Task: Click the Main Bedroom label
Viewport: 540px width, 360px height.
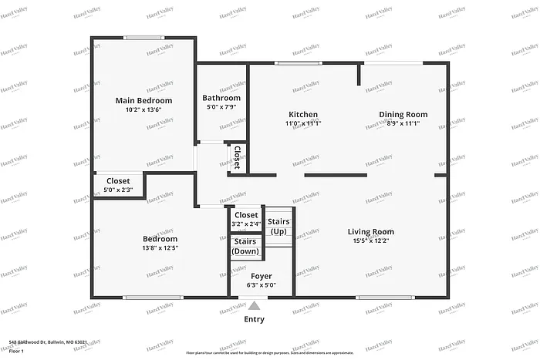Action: click(143, 100)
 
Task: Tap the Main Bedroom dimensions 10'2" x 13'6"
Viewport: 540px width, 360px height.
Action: click(143, 109)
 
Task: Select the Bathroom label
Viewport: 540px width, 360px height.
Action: click(221, 98)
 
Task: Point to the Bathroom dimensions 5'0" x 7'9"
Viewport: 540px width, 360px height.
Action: click(221, 107)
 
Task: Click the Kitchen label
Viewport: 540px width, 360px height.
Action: click(303, 114)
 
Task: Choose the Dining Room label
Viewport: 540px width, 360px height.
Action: click(403, 114)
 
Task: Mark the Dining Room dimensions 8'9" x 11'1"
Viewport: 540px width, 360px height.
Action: click(403, 123)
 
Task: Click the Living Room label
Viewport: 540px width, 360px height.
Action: click(370, 231)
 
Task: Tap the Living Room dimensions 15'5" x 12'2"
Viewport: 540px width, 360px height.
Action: click(370, 241)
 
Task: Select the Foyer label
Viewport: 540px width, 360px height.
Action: click(262, 276)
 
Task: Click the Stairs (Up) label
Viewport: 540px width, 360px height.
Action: click(278, 227)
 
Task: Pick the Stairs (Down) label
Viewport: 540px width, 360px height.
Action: click(246, 247)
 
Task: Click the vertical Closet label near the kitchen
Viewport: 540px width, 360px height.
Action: click(237, 158)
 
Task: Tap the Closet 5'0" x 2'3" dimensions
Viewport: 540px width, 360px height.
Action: click(118, 190)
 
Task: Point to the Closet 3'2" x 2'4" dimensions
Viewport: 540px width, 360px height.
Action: click(246, 224)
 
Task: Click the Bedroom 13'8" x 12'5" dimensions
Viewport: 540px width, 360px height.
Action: click(160, 248)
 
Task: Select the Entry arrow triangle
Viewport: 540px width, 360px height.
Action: click(254, 306)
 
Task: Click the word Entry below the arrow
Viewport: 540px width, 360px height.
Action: click(254, 319)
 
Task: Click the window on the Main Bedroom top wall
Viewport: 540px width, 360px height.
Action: click(144, 37)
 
